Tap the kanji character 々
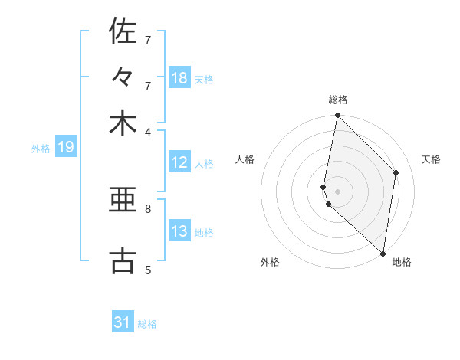(x=123, y=77)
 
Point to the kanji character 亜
(x=123, y=201)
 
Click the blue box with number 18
(x=179, y=78)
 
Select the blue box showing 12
(x=179, y=162)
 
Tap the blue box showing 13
(x=179, y=231)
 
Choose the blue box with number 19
(x=65, y=148)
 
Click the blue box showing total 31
(x=123, y=322)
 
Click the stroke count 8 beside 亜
(x=148, y=208)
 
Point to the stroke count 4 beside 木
(x=148, y=131)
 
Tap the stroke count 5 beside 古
(x=148, y=269)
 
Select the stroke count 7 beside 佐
(x=148, y=39)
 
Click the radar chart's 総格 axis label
(x=338, y=100)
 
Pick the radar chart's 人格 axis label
(x=245, y=159)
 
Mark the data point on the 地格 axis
(x=383, y=254)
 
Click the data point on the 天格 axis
(x=396, y=172)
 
